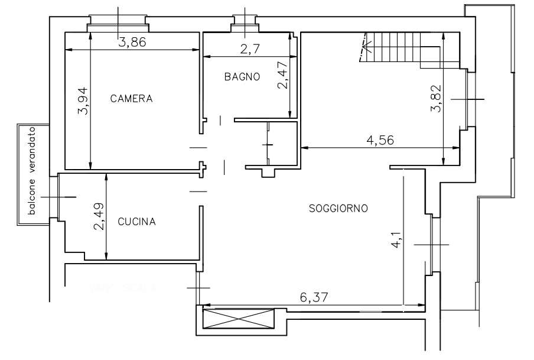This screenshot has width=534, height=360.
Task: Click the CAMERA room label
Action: [x=131, y=99]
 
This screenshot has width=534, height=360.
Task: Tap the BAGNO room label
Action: [x=242, y=77]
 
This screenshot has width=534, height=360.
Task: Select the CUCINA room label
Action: [x=136, y=222]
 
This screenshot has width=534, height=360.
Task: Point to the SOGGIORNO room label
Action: [x=338, y=208]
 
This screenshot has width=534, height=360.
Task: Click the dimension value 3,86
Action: [x=132, y=42]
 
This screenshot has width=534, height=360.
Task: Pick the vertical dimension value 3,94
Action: [x=83, y=101]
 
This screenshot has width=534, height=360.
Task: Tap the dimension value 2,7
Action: [x=250, y=49]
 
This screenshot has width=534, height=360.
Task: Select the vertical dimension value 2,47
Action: [x=283, y=75]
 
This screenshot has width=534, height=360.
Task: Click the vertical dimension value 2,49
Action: [x=99, y=217]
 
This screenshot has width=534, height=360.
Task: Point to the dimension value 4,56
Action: [x=380, y=140]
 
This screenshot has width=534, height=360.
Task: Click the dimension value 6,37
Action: [x=314, y=297]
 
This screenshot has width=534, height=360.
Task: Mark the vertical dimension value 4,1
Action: [x=396, y=241]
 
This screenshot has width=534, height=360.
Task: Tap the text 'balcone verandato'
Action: [x=32, y=171]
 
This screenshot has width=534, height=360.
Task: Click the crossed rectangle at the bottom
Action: [x=239, y=319]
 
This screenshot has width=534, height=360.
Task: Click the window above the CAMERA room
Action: [x=118, y=24]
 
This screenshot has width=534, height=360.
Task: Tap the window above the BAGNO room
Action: [x=245, y=24]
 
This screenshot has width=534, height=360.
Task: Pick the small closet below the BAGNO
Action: [x=281, y=145]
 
